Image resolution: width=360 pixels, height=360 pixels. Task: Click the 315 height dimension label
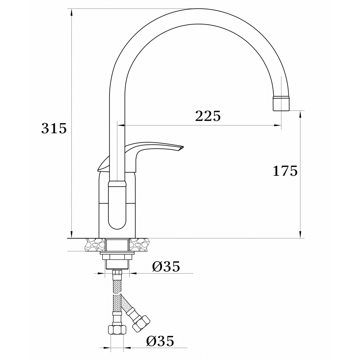click(x=54, y=128)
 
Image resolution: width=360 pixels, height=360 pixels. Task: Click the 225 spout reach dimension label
click(x=208, y=116)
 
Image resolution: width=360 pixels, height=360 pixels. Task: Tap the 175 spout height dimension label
click(x=285, y=171)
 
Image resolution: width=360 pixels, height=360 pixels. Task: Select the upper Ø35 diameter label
click(x=166, y=266)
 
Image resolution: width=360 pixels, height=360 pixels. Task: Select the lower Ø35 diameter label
click(x=160, y=341)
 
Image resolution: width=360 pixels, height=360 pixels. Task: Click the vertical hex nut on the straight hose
click(x=117, y=329)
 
